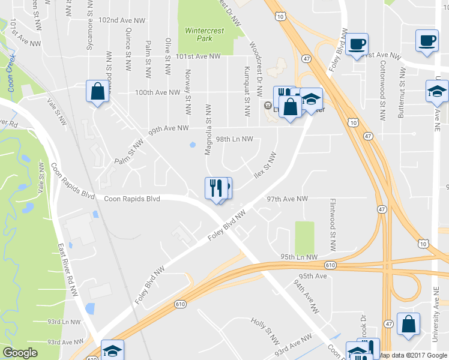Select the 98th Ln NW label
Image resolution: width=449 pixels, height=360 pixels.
[x=235, y=139]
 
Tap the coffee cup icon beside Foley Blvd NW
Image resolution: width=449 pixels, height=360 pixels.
[x=357, y=44]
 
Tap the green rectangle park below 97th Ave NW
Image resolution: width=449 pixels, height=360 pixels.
[x=304, y=238]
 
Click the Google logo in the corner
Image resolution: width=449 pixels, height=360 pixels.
[x=20, y=353]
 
